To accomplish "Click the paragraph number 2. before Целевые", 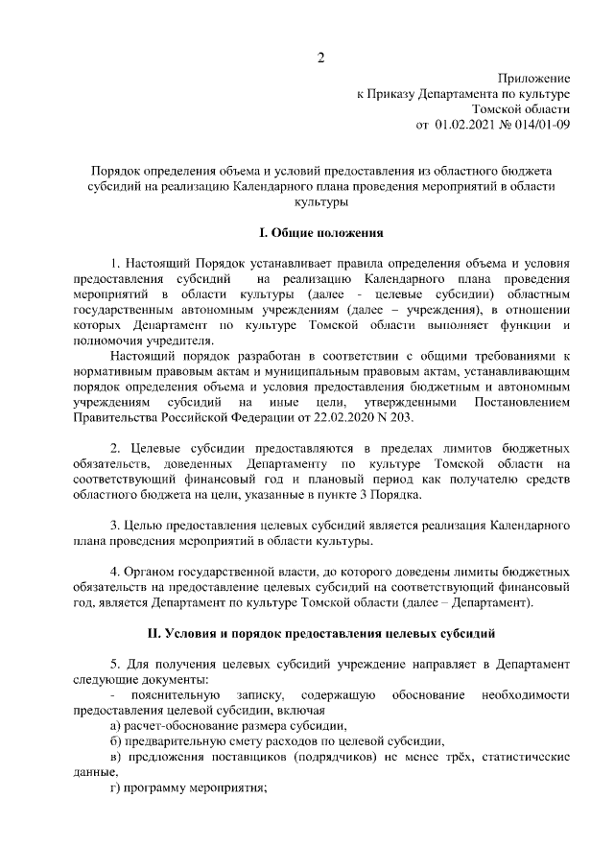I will (x=115, y=449).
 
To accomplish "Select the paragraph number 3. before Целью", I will (x=115, y=526).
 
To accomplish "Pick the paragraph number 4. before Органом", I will (x=115, y=572).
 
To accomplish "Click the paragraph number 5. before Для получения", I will (x=115, y=664).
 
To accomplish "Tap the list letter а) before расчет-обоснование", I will (x=116, y=725).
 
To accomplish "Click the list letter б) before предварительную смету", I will (x=116, y=740).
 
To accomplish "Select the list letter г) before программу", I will (x=116, y=787).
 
